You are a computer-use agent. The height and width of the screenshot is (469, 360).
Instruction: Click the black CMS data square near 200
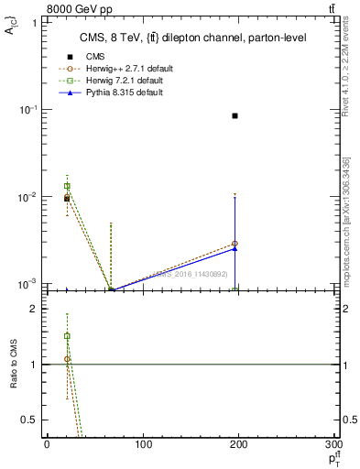coord(235,115)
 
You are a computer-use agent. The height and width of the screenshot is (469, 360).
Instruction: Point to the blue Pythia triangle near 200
coord(235,248)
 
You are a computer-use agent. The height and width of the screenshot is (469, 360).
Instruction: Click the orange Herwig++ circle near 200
coord(235,244)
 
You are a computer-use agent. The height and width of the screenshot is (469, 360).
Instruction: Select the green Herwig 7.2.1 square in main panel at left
coord(67,186)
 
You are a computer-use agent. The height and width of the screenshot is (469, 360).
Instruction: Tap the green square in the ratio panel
coord(67,336)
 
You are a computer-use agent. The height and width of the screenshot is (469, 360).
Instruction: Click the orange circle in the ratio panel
coord(67,360)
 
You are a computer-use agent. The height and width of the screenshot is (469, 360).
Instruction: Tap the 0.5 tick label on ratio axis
coord(28,420)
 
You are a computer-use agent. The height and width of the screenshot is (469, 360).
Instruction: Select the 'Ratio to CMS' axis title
coord(14,365)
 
